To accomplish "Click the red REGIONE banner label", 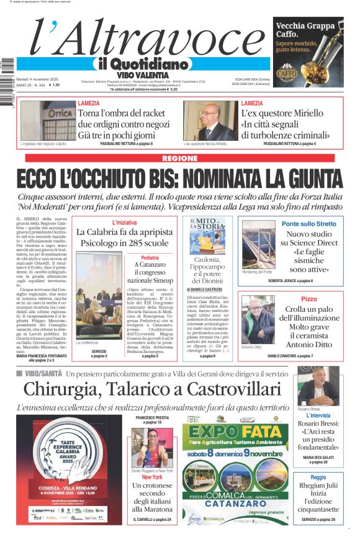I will pos(179,158).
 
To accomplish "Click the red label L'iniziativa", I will pos(124,222).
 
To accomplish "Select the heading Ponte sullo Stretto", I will pos(308,223).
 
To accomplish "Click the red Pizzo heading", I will pos(308,299).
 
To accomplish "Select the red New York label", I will pos(152,478).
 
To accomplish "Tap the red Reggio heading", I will pos(318,478).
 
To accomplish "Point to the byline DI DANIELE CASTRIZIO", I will pos(207,290).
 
